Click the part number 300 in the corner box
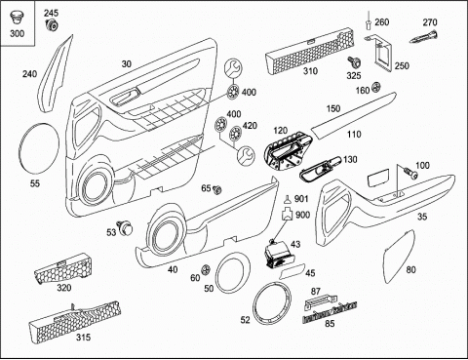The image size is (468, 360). point(17,33)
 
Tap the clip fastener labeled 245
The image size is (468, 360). point(52,24)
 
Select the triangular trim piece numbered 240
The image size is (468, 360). point(56,73)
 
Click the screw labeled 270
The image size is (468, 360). point(423,36)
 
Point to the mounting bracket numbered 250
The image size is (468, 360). point(381,53)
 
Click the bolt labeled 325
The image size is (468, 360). point(352,61)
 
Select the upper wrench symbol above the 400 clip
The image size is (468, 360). point(233,68)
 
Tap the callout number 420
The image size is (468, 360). point(250,126)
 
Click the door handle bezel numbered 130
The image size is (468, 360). point(320,169)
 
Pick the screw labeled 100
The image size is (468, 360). point(410,173)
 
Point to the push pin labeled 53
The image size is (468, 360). point(125,226)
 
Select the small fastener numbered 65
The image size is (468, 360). point(216,189)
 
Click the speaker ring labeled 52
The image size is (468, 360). point(272,304)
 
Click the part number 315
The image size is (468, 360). point(84,338)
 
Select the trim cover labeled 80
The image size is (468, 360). point(399,257)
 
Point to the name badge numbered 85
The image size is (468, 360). point(330,312)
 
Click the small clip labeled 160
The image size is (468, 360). point(375,87)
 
